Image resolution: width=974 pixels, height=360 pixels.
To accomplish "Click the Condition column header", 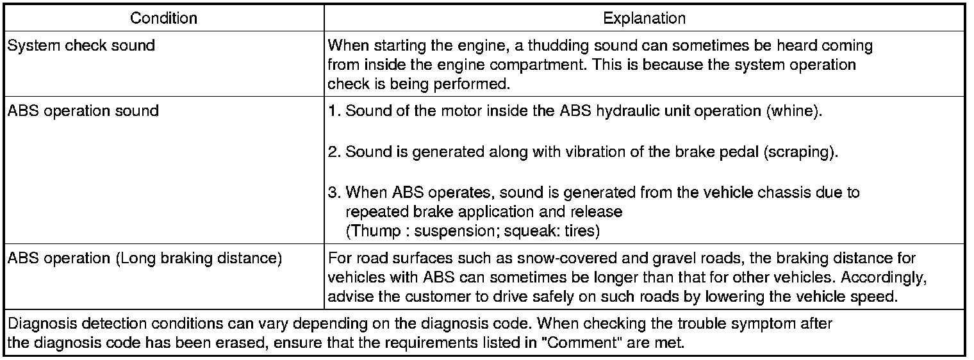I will coord(163,19).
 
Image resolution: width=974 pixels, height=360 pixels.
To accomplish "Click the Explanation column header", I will coord(644,19).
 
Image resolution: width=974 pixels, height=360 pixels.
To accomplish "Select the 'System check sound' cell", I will coord(81,46).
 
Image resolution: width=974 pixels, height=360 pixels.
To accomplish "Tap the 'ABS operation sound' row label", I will coord(83,110).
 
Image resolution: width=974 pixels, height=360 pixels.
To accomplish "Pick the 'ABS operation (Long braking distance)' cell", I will coord(144,259).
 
